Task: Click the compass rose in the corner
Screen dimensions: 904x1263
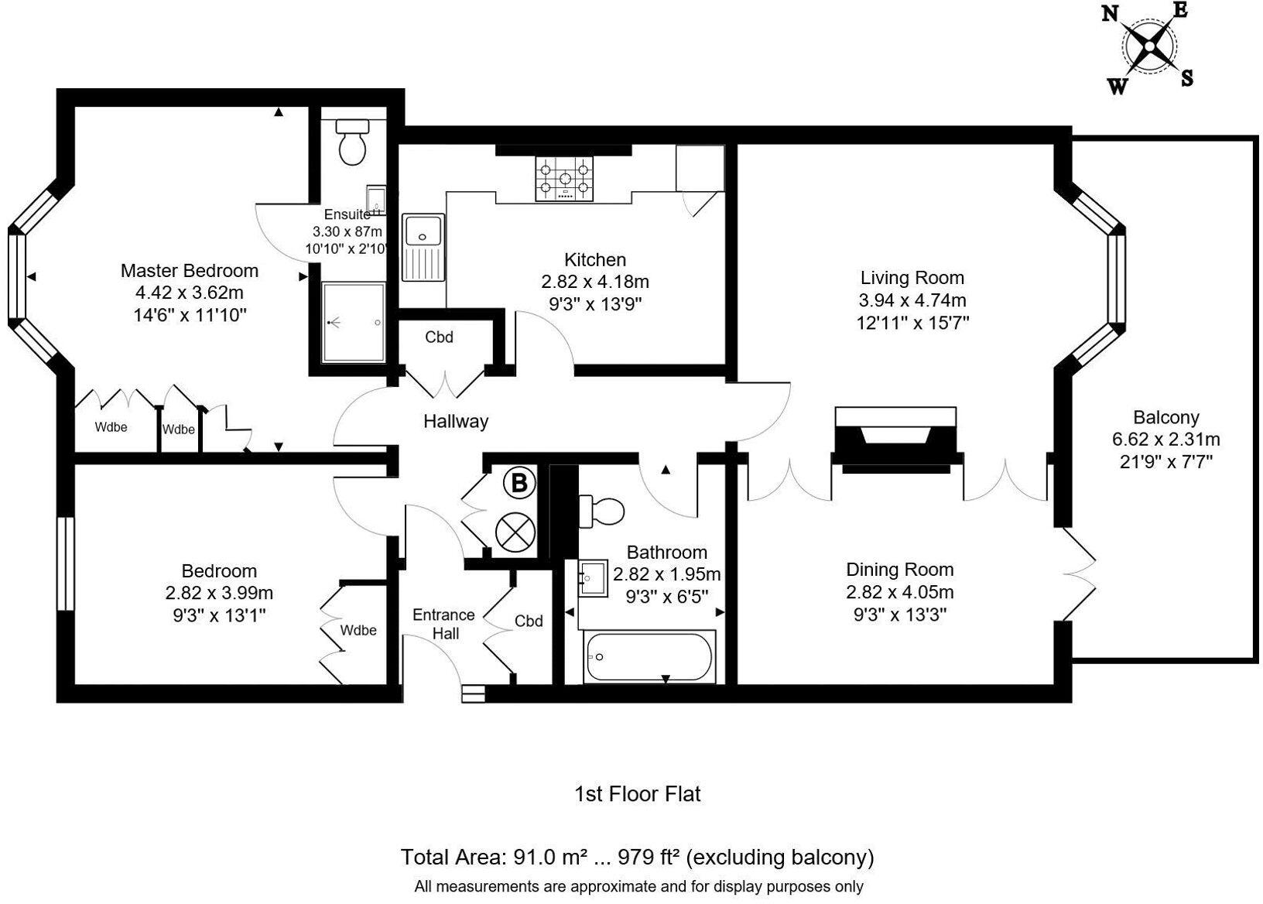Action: [x=1149, y=47]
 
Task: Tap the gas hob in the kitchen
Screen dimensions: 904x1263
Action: [x=564, y=179]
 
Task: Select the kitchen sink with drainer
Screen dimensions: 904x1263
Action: [x=423, y=248]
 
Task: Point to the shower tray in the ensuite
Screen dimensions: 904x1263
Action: [x=354, y=321]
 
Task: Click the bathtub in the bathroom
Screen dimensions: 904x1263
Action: [x=649, y=658]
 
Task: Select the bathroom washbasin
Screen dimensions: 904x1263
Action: [x=594, y=577]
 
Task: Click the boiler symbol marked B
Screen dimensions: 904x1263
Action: [x=519, y=483]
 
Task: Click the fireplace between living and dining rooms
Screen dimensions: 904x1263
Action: [x=896, y=439]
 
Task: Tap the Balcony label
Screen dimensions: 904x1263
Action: [x=1165, y=417]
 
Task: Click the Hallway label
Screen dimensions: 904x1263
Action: [x=456, y=421]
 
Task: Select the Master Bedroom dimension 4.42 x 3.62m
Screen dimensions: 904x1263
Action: [x=190, y=293]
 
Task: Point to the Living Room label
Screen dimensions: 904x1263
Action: [x=912, y=277]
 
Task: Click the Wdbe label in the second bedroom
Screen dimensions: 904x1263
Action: [x=358, y=630]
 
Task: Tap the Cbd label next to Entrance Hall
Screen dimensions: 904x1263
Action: [x=529, y=621]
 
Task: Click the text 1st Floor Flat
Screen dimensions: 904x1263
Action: [x=638, y=793]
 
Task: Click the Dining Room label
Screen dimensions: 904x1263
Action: [x=899, y=570]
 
